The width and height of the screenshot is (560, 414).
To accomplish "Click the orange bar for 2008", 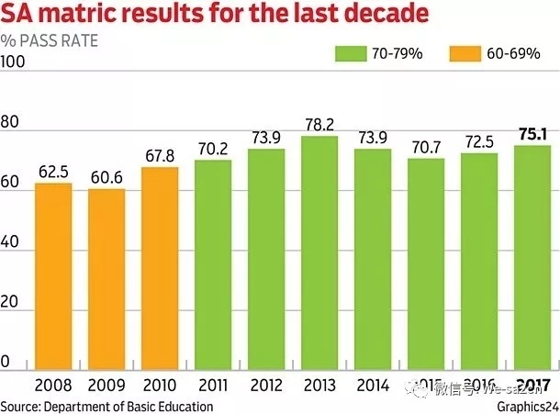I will coord(53,275).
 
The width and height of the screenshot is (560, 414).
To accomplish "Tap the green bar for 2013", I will coord(319,252).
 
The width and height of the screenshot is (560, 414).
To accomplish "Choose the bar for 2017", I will coord(532,257).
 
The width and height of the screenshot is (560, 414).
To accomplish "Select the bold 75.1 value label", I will coord(532,135).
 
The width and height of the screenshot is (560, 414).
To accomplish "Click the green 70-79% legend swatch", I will coord(351,53).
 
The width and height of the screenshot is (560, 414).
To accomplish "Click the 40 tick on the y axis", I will coord(10,241).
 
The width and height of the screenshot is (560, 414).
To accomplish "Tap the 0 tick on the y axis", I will coord(6,363).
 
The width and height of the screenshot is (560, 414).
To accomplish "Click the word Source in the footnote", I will coord(19,406).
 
